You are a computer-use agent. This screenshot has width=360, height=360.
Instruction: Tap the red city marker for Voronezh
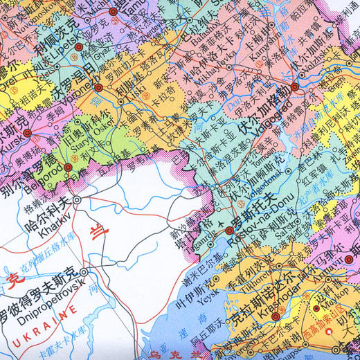point(98,88)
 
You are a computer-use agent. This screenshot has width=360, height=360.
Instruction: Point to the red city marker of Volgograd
point(295,87)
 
